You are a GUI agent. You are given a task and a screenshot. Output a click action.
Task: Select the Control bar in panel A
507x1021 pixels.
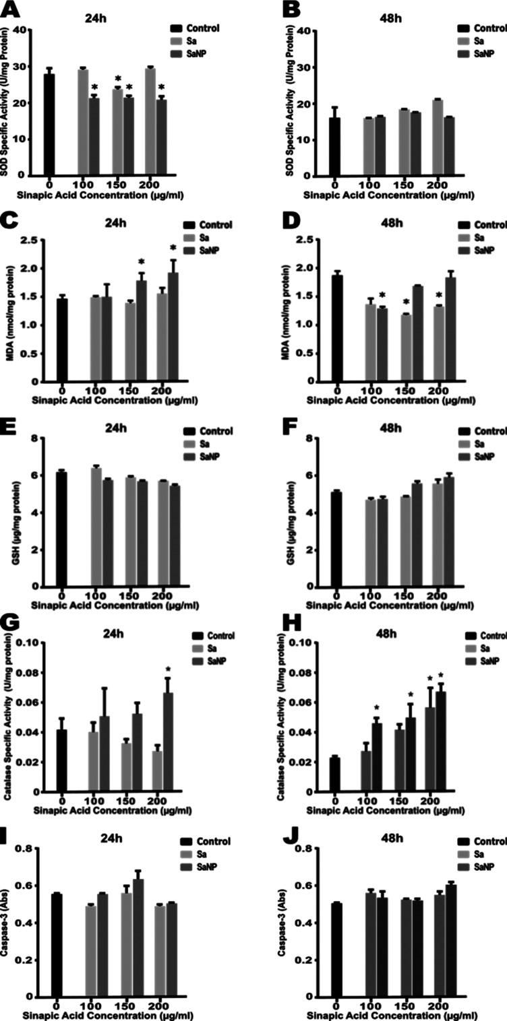click(49, 124)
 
